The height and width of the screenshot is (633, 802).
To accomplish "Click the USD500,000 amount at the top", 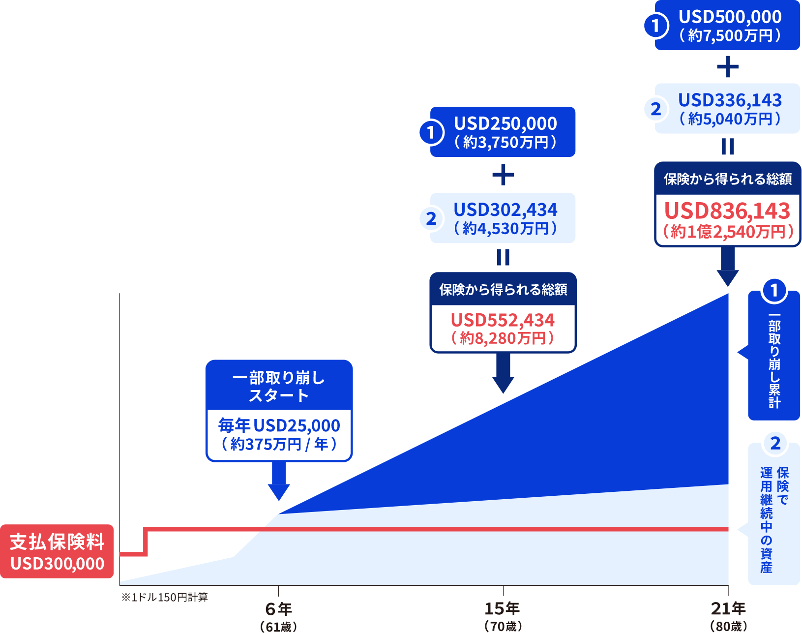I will click(x=730, y=17).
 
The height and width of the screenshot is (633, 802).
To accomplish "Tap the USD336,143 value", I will click(x=730, y=101).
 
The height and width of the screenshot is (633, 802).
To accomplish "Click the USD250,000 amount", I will click(x=505, y=124).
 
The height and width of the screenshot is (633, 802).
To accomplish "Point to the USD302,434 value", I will click(x=505, y=211).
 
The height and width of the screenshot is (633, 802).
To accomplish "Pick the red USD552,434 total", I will click(x=503, y=321).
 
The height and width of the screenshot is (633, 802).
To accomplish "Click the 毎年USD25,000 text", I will click(x=279, y=426).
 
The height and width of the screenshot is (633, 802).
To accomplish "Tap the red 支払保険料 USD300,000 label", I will click(x=57, y=551).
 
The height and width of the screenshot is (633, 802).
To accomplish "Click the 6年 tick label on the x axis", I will click(x=278, y=609).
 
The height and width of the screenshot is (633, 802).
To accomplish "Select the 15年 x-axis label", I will click(x=503, y=609).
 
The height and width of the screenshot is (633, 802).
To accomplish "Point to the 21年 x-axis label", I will click(x=728, y=609).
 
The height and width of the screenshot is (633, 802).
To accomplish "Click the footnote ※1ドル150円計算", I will click(x=165, y=598).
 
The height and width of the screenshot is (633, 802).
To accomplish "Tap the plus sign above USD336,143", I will click(x=728, y=67).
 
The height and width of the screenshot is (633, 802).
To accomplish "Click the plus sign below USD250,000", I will click(x=503, y=175).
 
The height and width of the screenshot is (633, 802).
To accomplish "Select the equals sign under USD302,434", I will click(x=503, y=257).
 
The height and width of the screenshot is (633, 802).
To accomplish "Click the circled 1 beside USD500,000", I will click(x=655, y=26).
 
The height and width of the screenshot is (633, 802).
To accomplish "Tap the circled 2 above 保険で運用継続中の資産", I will click(x=775, y=444).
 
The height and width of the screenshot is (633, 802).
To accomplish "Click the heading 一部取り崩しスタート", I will click(x=279, y=387).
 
